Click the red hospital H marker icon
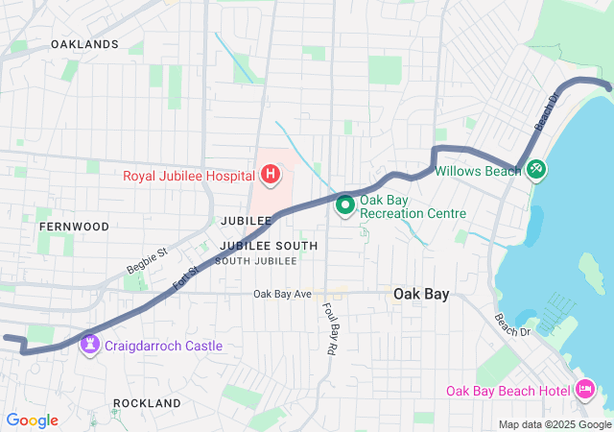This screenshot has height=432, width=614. click(x=271, y=175)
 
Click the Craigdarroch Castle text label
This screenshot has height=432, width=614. click(x=164, y=346)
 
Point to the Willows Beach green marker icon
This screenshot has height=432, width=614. click(x=535, y=170)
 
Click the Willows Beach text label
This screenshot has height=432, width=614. click(x=478, y=171)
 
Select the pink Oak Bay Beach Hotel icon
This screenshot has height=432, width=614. click(x=585, y=390)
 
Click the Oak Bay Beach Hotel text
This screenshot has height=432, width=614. click(x=508, y=391)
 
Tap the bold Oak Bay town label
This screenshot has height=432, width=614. click(x=423, y=295)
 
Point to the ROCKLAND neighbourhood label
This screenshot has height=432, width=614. click(x=148, y=403)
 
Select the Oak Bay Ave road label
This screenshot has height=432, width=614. click(x=283, y=294)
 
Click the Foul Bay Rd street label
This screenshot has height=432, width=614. click(x=328, y=329)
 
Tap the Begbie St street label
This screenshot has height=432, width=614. click(x=147, y=260)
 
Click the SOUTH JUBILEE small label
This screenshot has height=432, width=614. click(x=255, y=261)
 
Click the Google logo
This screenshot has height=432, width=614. click(x=32, y=420)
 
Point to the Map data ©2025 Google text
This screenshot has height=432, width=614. click(x=555, y=424)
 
